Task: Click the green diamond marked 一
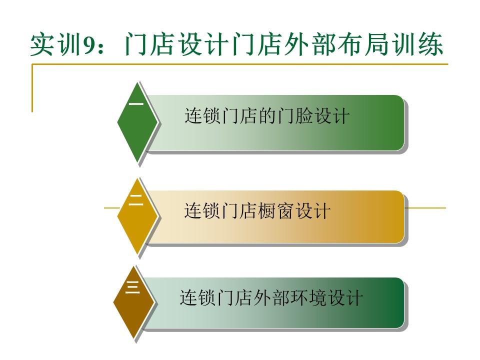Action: (x=137, y=122)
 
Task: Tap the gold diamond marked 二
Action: (x=137, y=216)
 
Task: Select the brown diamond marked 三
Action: (x=133, y=302)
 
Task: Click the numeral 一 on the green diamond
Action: (x=136, y=104)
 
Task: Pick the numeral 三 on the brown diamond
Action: (x=132, y=287)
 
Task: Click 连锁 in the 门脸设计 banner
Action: (x=202, y=115)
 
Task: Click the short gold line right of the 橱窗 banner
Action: (x=425, y=208)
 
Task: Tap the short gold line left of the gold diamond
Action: (x=111, y=208)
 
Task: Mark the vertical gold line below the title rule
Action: (x=32, y=88)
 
